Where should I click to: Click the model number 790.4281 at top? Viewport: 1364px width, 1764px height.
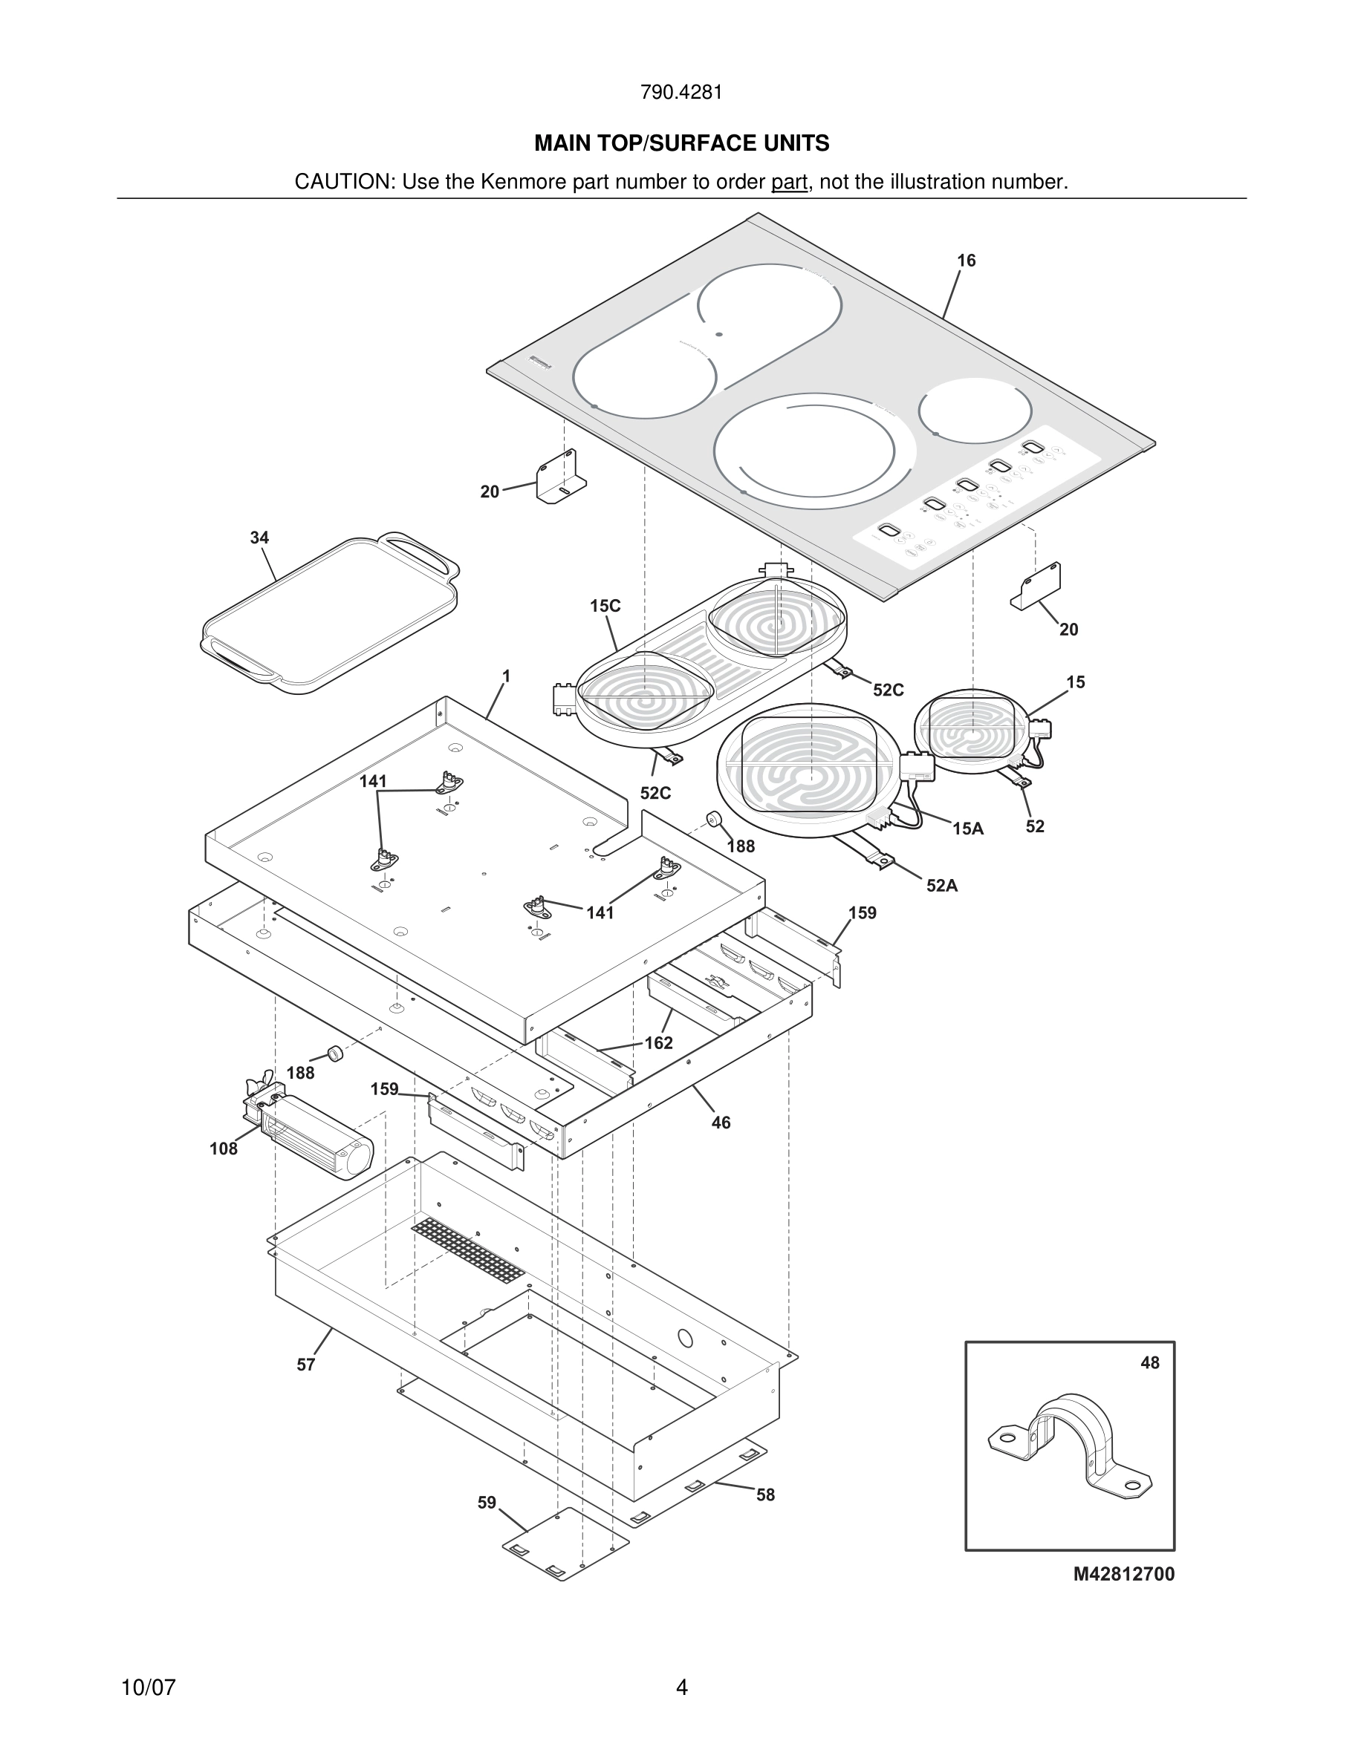pyautogui.click(x=681, y=93)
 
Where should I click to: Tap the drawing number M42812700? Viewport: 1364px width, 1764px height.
pyautogui.click(x=1123, y=1574)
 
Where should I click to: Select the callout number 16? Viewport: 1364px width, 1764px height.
pyautogui.click(x=966, y=261)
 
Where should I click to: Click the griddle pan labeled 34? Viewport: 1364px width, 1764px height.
pyautogui.click(x=330, y=614)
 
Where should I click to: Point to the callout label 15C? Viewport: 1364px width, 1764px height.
pyautogui.click(x=605, y=606)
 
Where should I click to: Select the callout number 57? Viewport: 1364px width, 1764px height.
pyautogui.click(x=305, y=1365)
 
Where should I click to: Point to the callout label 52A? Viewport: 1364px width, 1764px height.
pyautogui.click(x=941, y=886)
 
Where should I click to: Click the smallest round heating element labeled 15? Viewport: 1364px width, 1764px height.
pyautogui.click(x=972, y=731)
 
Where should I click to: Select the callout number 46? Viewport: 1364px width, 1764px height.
pyautogui.click(x=721, y=1123)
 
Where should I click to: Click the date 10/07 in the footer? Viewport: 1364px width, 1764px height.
pyautogui.click(x=148, y=1688)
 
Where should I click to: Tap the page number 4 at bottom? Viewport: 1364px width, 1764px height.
pyautogui.click(x=681, y=1688)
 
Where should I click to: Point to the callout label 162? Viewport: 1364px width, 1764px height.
pyautogui.click(x=658, y=1042)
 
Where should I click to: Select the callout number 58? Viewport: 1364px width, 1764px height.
pyautogui.click(x=765, y=1495)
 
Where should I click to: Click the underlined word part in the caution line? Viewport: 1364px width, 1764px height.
pyautogui.click(x=789, y=182)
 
